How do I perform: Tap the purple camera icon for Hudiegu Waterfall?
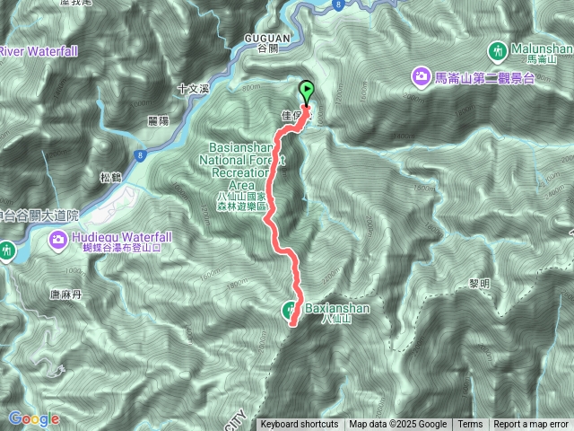pos(58,239)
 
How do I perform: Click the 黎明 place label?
pos(480,283)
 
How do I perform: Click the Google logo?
pos(33,418)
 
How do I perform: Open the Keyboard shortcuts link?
pos(300,425)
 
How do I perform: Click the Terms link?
pos(470,425)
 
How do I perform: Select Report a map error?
pos(531,425)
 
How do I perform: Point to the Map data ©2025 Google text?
pos(398,425)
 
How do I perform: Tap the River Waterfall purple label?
pos(37,50)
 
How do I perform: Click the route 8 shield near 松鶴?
pos(141,156)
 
